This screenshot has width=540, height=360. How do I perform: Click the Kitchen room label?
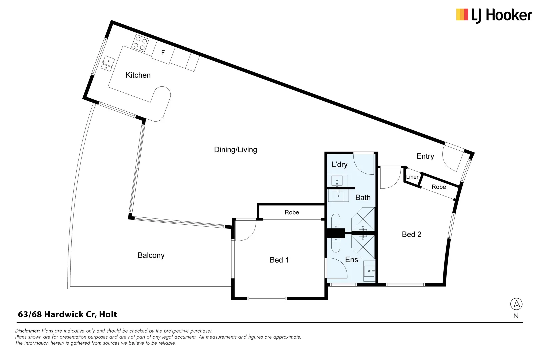138,75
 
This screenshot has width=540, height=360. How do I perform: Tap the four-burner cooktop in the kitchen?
140,43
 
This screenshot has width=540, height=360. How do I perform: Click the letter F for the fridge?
163,53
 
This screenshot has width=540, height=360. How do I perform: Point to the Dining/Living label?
235,150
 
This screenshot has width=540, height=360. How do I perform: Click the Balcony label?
151,255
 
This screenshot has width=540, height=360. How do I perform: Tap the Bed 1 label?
279,260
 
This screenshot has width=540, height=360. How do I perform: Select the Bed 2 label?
411,234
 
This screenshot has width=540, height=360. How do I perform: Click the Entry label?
425,156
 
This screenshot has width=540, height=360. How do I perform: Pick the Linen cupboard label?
412,177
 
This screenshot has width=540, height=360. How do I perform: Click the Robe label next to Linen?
439,187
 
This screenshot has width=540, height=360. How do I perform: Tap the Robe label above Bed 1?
292,212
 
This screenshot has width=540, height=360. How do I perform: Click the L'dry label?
339,164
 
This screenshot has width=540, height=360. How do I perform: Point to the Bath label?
363,198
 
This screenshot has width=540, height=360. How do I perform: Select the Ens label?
351,260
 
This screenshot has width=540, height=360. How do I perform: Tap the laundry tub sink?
337,181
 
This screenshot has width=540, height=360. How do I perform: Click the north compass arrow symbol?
516,304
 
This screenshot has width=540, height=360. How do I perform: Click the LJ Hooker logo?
494,15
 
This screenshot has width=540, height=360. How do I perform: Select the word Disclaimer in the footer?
27,331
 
